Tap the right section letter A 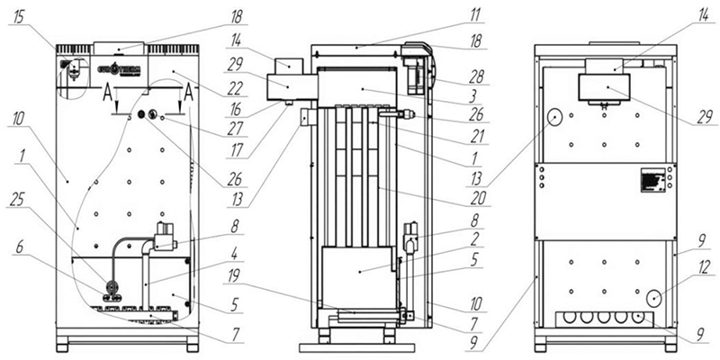pos(189,94)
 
